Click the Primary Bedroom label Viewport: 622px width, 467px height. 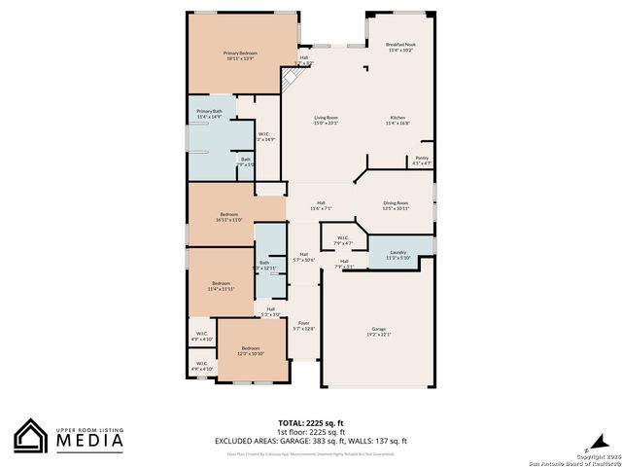point(240,56)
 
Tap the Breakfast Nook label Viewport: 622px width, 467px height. point(401,46)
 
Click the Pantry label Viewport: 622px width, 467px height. point(422,161)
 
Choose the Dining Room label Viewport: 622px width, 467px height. point(396,205)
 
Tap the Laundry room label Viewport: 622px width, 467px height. point(397,255)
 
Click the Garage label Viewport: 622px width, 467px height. point(378,332)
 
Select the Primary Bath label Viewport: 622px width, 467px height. point(210,114)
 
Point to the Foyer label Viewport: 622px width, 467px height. point(303,326)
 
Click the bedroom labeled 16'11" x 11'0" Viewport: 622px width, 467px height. point(229,216)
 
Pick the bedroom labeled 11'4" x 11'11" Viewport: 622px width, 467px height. point(221,286)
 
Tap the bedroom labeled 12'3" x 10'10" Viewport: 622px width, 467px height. point(251,350)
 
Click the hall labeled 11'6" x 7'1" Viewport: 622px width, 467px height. point(321,205)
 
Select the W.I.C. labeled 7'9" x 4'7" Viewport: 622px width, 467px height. point(342,239)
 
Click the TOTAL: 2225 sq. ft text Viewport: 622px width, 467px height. point(310,423)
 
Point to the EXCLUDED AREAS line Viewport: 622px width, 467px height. point(311,441)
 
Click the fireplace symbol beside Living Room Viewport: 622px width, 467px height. point(291,79)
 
